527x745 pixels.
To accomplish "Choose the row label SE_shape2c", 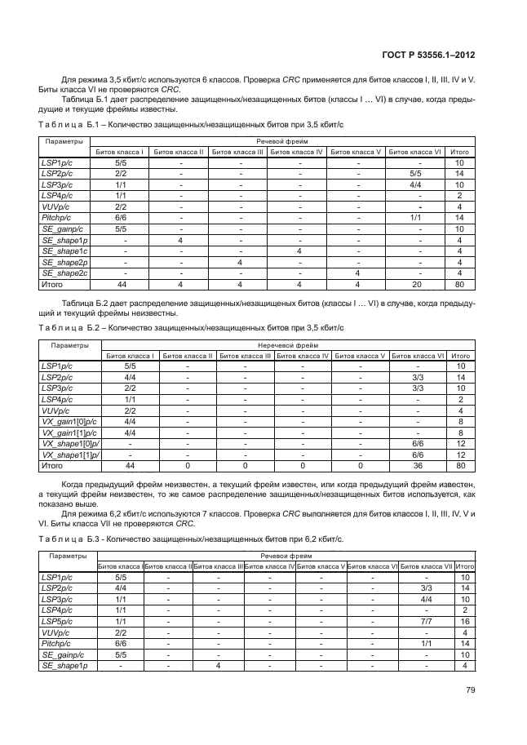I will (64, 274).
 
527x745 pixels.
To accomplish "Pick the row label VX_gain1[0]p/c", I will (67, 422).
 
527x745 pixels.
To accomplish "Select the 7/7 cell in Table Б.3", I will (426, 621).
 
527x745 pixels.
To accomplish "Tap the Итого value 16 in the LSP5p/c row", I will (464, 621).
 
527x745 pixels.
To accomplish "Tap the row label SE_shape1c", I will (64, 252).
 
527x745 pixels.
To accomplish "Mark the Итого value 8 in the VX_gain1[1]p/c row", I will (461, 432).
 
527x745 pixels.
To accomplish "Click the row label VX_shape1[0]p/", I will (68, 444).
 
